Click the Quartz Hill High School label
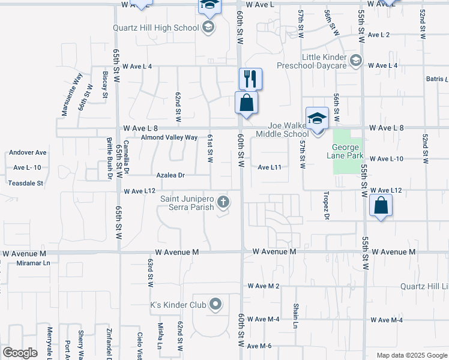(x=156, y=28)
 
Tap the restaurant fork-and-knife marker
(x=250, y=79)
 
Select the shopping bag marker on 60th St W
(x=247, y=103)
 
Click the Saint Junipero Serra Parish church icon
(x=223, y=202)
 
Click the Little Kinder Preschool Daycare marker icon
(x=355, y=59)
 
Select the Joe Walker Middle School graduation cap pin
(x=317, y=118)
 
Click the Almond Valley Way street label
(x=169, y=137)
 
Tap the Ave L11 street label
(x=270, y=167)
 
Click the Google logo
(x=20, y=353)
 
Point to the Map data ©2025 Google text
(x=411, y=355)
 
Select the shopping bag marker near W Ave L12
(x=381, y=206)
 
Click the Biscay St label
(x=105, y=85)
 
